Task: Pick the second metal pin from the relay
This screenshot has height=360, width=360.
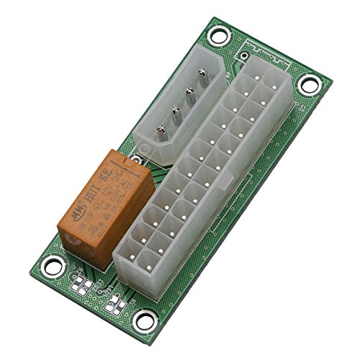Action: pos(175,111)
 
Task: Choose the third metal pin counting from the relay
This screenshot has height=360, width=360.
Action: pos(189,92)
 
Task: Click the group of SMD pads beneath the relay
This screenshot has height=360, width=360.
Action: pos(82,287)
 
